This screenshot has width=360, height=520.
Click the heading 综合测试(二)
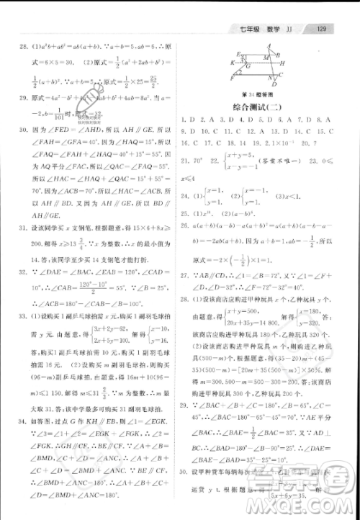pos(256,105)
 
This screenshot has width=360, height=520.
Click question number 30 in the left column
pos(24,131)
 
